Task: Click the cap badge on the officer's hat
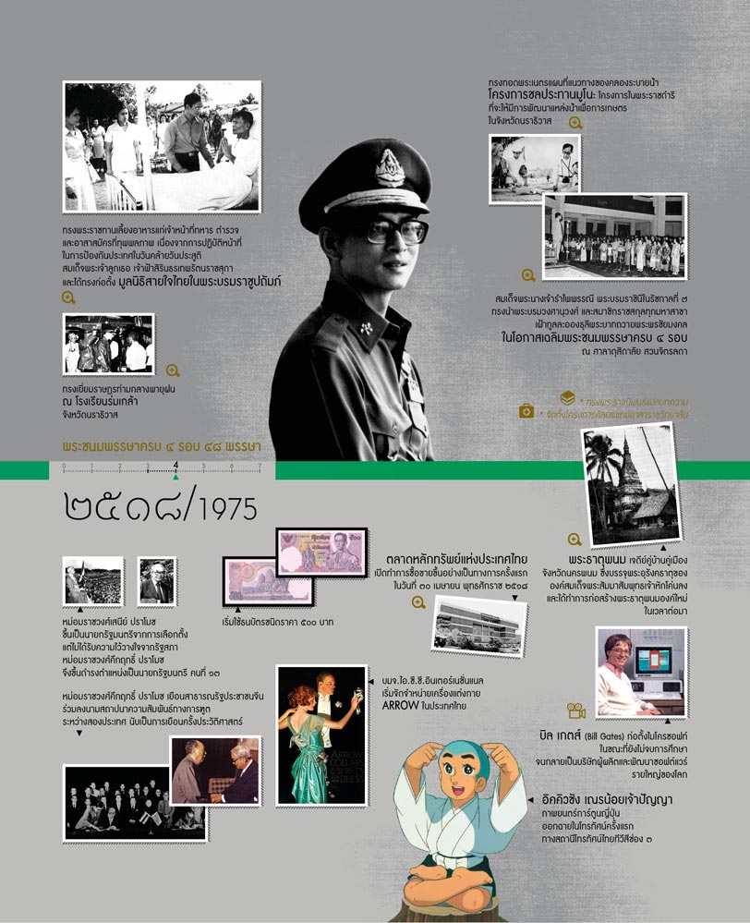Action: point(385,167)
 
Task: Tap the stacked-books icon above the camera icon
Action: point(568,398)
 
